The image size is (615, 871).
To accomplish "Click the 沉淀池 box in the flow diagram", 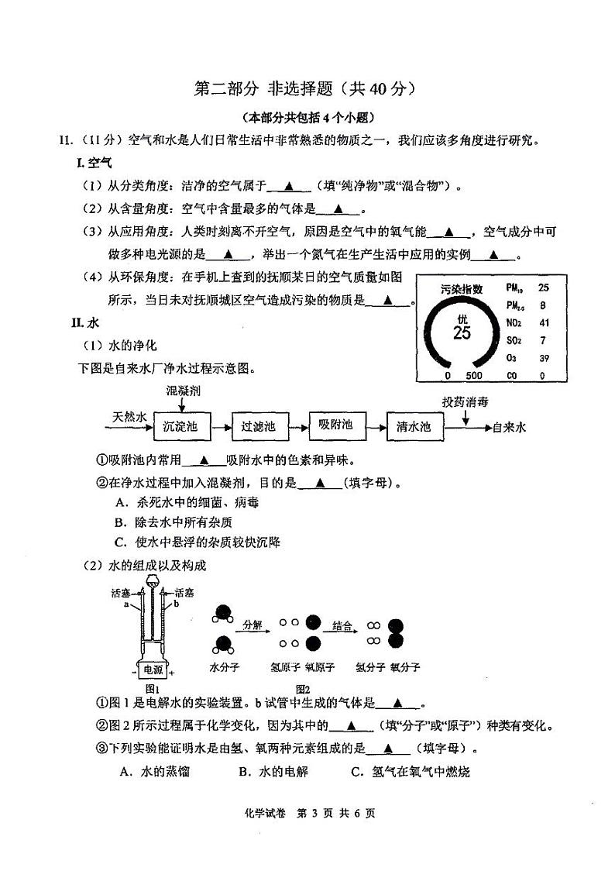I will click(180, 425).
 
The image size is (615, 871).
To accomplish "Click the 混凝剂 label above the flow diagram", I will click(184, 391).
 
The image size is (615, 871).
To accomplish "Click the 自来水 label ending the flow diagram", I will click(509, 426).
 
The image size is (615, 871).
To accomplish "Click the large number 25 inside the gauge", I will click(462, 333).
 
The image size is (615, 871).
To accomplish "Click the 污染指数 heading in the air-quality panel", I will click(462, 288).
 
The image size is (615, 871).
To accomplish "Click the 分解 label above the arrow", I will click(253, 624).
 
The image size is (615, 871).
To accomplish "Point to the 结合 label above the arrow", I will click(342, 624).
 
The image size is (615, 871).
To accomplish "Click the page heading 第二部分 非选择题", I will click(306, 89).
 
